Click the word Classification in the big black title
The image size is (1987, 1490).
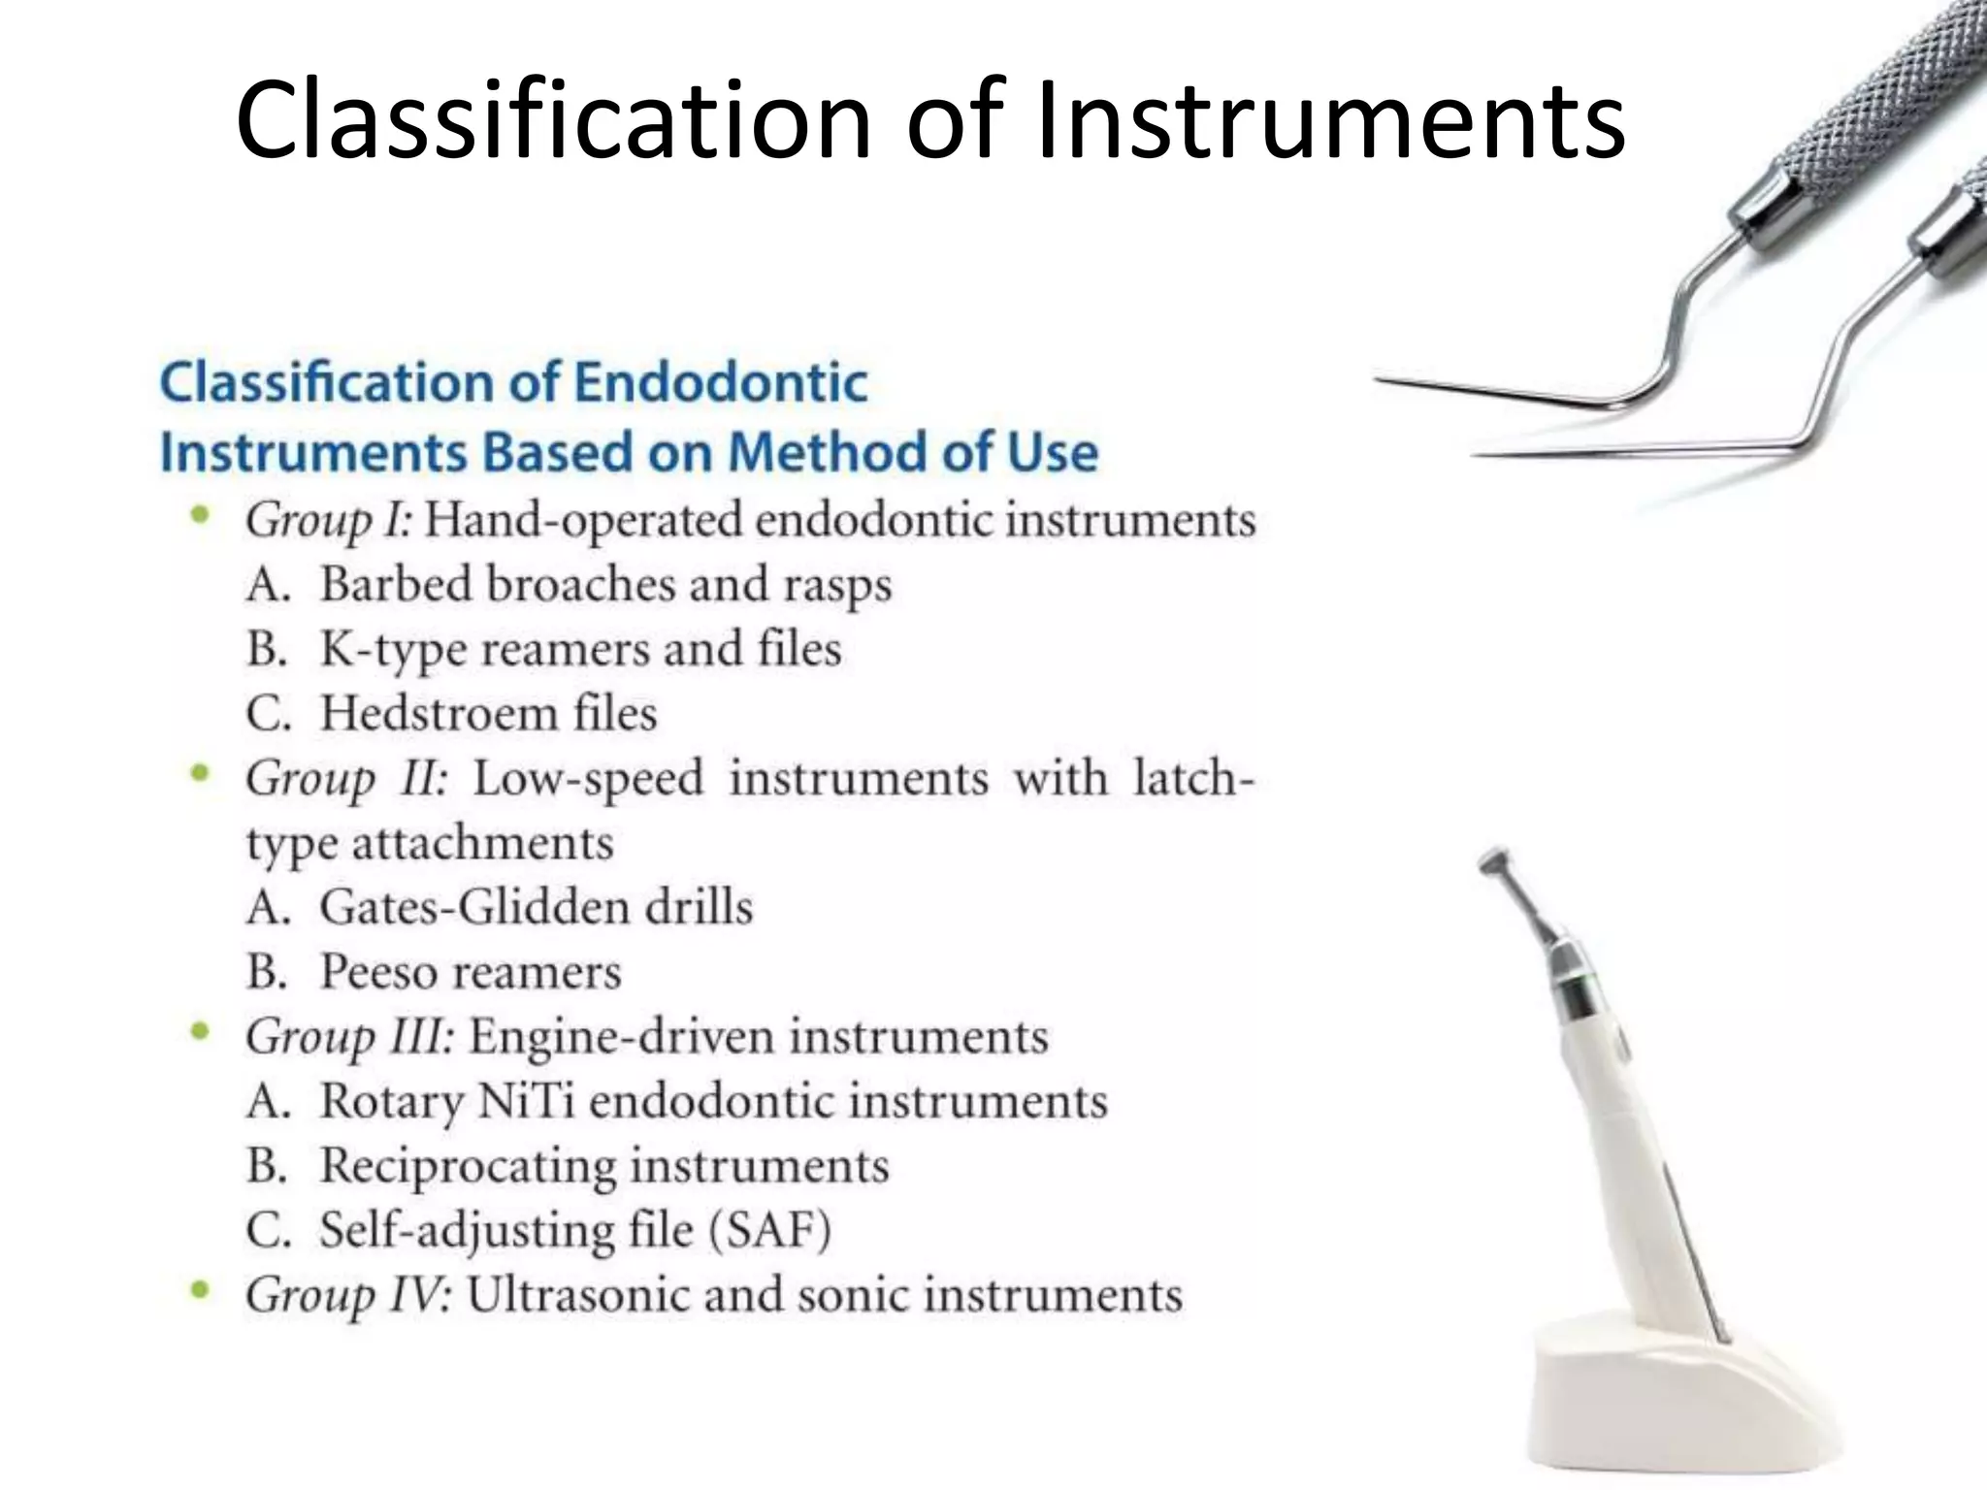point(553,121)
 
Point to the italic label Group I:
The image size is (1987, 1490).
point(329,521)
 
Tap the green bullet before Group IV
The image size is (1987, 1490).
point(201,1291)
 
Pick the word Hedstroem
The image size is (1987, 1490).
point(439,714)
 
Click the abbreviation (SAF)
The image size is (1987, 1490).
point(770,1231)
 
